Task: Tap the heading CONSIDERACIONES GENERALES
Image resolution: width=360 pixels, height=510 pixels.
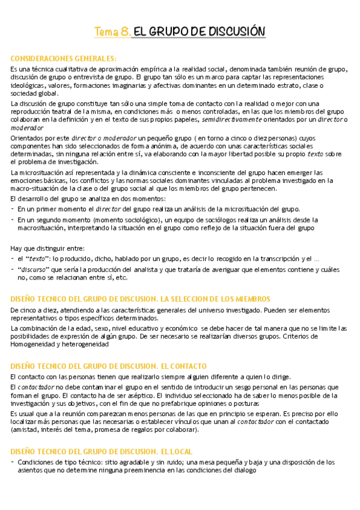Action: (x=63, y=58)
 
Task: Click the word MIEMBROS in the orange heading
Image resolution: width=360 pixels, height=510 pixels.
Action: (x=246, y=299)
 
